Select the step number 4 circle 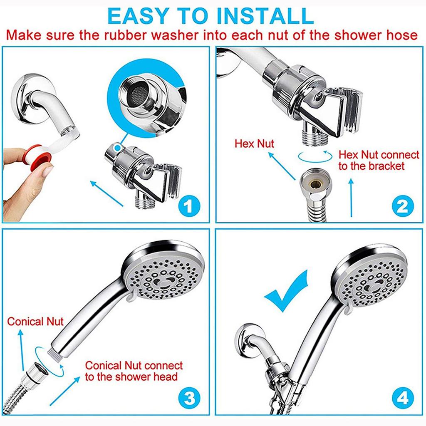click(402, 398)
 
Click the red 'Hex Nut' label click(255, 144)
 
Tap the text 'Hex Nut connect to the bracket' click(379, 161)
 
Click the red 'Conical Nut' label click(35, 321)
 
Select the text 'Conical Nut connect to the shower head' click(134, 371)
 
